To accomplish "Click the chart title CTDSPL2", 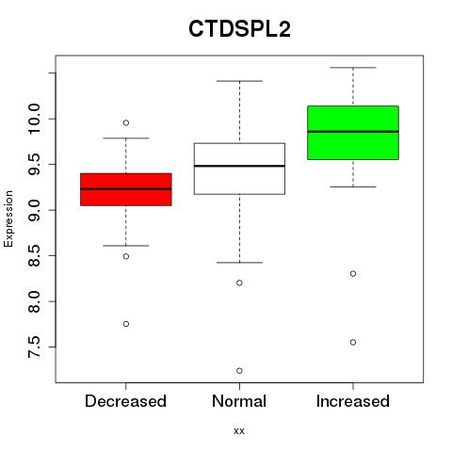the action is pyautogui.click(x=239, y=29).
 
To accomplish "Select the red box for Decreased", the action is pyautogui.click(x=126, y=189).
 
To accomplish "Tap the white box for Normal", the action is pyautogui.click(x=239, y=169).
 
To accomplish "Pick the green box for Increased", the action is pyautogui.click(x=353, y=133).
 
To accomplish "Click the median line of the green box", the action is pyautogui.click(x=353, y=132).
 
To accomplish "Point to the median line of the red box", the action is pyautogui.click(x=126, y=189).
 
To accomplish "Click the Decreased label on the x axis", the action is pyautogui.click(x=125, y=401).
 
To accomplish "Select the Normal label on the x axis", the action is pyautogui.click(x=239, y=401).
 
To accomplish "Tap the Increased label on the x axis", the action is pyautogui.click(x=353, y=401).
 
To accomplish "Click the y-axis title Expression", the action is pyautogui.click(x=8, y=218).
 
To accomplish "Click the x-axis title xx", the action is pyautogui.click(x=239, y=431).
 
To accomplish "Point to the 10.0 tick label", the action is pyautogui.click(x=34, y=119).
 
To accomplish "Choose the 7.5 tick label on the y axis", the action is pyautogui.click(x=34, y=347).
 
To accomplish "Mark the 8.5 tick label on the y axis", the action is pyautogui.click(x=34, y=256).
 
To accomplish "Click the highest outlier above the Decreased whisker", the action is pyautogui.click(x=126, y=122).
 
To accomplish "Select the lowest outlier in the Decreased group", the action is pyautogui.click(x=126, y=324).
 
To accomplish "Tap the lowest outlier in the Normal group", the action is pyautogui.click(x=239, y=371).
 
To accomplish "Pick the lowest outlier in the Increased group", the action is pyautogui.click(x=353, y=342).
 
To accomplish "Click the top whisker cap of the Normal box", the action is pyautogui.click(x=239, y=81).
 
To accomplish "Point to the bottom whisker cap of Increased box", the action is pyautogui.click(x=353, y=186).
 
